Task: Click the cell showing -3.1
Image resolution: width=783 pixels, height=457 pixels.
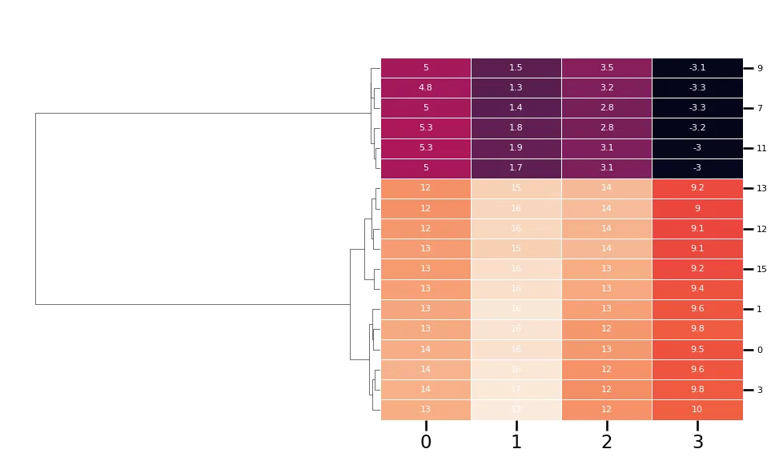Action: tap(697, 68)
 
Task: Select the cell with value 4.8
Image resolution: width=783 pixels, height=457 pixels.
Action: tap(426, 88)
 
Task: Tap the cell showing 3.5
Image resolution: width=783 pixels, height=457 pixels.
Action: tap(607, 68)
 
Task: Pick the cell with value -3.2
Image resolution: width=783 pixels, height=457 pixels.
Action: tap(697, 128)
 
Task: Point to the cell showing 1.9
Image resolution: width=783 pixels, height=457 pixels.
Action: tap(516, 148)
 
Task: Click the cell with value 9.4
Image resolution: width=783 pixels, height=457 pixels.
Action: tap(697, 289)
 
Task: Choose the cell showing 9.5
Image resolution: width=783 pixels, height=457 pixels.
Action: tap(697, 350)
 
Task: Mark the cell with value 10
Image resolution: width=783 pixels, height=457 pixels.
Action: tap(697, 410)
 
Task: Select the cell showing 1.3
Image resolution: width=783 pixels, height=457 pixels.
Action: tap(516, 88)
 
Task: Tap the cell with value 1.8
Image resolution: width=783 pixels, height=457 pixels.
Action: tap(516, 128)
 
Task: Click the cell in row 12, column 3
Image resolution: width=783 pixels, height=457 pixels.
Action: tap(697, 229)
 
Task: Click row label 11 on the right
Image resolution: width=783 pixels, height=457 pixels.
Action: tap(761, 148)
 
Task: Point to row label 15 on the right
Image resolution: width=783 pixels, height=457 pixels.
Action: tap(761, 269)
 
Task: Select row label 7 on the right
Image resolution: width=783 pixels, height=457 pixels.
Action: tap(760, 108)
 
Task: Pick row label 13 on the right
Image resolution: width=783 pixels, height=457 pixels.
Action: tap(761, 189)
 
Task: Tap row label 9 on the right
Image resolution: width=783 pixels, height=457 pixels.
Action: tap(760, 68)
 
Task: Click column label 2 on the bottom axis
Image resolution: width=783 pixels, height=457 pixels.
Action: tap(607, 442)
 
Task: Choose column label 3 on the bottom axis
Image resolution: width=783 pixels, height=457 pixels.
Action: tap(697, 442)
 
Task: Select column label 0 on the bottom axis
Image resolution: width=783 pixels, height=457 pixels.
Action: tap(426, 442)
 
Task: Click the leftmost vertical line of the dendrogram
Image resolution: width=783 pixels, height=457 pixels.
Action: tap(35, 208)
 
